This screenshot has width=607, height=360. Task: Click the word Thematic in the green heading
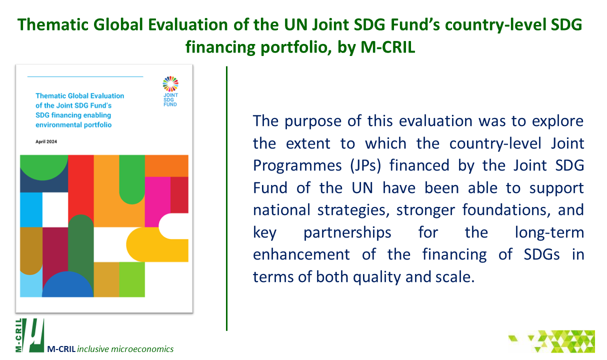tap(53, 24)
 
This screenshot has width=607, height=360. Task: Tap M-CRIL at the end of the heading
tap(387, 47)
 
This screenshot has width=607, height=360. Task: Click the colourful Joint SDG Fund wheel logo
tap(170, 83)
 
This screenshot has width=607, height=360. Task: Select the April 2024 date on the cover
tap(46, 141)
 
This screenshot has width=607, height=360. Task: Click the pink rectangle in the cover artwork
tap(157, 202)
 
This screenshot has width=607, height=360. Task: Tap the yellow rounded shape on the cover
tap(157, 244)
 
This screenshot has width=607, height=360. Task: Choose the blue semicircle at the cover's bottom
tap(67, 284)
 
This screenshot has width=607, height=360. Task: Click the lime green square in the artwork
tap(132, 279)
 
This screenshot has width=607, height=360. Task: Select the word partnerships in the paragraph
tap(347, 232)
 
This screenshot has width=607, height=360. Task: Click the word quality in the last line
tap(376, 277)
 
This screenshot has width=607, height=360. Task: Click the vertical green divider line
tap(227, 198)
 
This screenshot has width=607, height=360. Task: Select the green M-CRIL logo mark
tap(30, 335)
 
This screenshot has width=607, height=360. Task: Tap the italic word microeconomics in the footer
tap(142, 349)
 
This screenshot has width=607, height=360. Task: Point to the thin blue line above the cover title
tap(85, 76)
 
